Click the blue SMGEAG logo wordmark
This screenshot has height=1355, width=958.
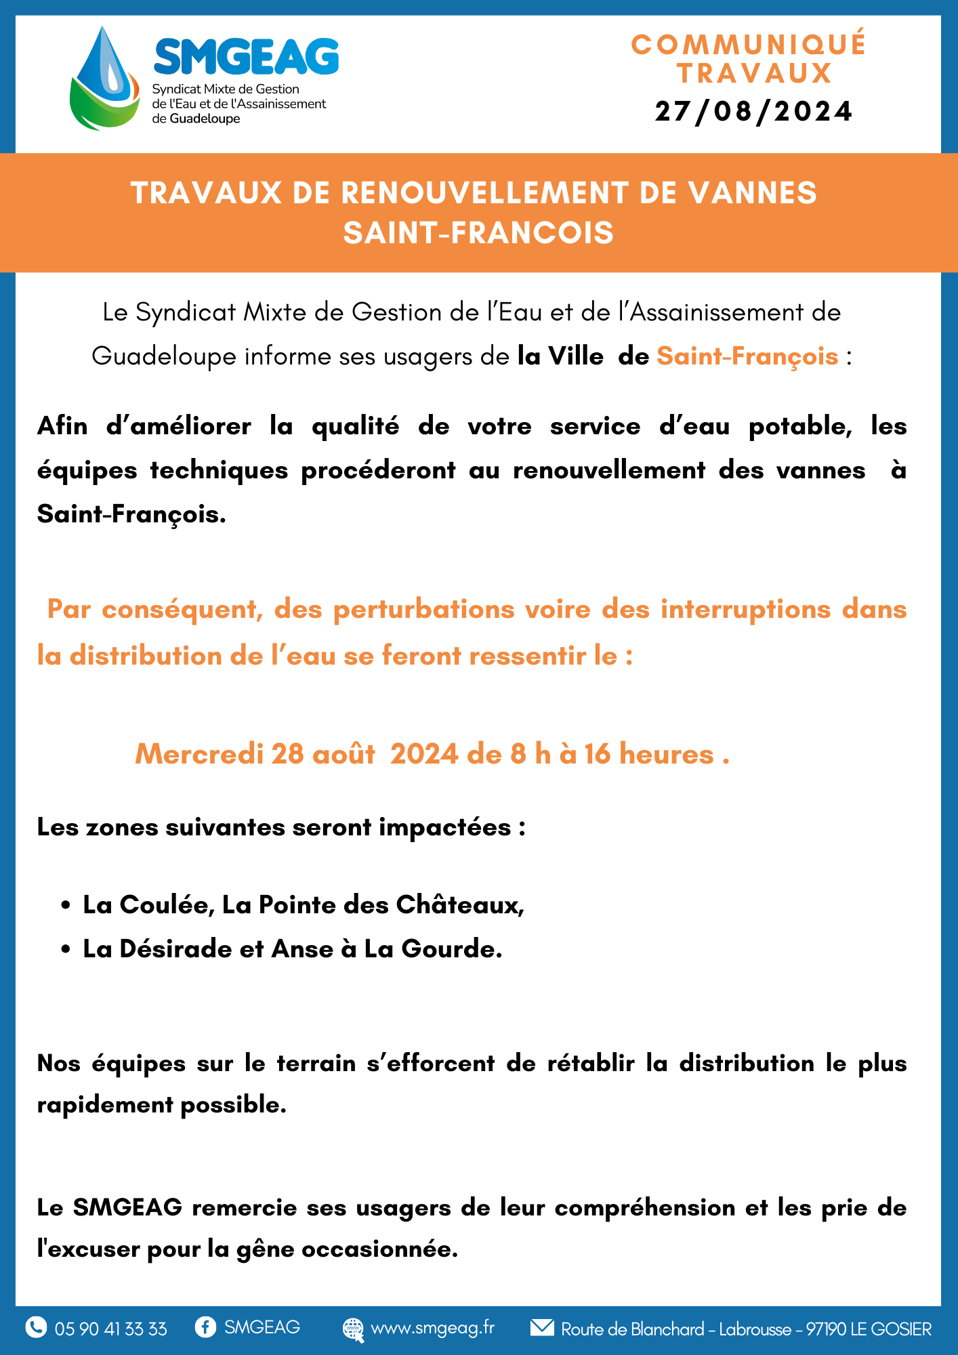pyautogui.click(x=246, y=56)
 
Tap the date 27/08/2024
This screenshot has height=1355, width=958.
pyautogui.click(x=753, y=112)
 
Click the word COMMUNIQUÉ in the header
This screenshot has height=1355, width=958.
pyautogui.click(x=749, y=45)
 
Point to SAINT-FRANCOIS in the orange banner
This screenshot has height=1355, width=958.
pyautogui.click(x=478, y=233)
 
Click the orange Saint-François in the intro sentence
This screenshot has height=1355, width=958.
pyautogui.click(x=747, y=356)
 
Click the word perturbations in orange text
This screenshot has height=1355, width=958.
pyautogui.click(x=424, y=609)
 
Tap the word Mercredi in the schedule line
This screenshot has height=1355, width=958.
pyautogui.click(x=199, y=754)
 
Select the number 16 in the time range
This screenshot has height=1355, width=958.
pyautogui.click(x=598, y=754)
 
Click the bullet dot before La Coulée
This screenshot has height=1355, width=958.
pyautogui.click(x=66, y=906)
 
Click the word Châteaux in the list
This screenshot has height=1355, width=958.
pyautogui.click(x=459, y=905)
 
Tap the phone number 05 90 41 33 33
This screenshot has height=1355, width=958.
pyautogui.click(x=110, y=1329)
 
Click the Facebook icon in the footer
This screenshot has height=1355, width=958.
pyautogui.click(x=205, y=1327)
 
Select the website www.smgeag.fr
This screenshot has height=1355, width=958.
pyautogui.click(x=433, y=1328)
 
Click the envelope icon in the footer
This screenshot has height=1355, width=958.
pyautogui.click(x=542, y=1327)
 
